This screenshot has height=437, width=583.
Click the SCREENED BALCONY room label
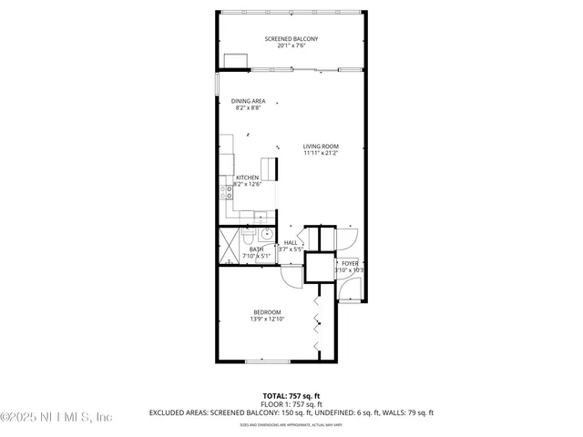(291, 38)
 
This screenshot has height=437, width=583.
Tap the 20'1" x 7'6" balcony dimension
(291, 46)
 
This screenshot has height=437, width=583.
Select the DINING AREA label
(248, 101)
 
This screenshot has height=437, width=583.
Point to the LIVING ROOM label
(321, 147)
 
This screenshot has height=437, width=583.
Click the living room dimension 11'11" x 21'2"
(321, 154)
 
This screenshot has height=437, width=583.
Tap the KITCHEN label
(248, 178)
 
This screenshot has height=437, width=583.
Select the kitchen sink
(259, 216)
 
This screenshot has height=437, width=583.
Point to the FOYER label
(350, 263)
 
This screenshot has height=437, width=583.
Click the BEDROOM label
(266, 312)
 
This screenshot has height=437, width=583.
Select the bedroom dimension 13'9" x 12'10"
(266, 320)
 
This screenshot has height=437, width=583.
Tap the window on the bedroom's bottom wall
(266, 362)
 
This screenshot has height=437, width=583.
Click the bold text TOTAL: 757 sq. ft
(291, 396)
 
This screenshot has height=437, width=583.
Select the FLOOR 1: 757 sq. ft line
(291, 404)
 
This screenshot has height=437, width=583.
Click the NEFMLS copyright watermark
(56, 417)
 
